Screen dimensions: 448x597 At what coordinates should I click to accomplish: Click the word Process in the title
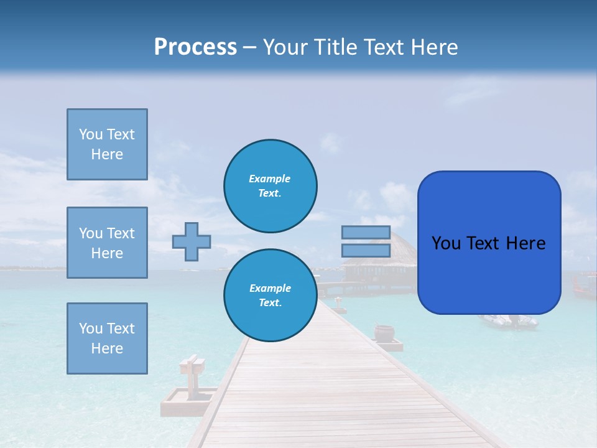(195, 47)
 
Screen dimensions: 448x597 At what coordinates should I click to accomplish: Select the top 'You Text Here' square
(107, 144)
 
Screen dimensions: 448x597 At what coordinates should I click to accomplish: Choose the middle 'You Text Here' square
(107, 243)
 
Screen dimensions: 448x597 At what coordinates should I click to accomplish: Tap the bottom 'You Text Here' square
(107, 338)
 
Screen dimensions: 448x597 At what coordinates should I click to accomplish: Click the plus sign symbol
(192, 241)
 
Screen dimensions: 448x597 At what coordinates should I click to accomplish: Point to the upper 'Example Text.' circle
(270, 186)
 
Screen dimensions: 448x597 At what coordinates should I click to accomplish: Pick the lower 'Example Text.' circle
(270, 296)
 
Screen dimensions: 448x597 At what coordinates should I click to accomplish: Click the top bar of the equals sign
(366, 232)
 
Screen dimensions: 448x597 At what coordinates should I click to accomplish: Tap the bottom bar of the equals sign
(366, 250)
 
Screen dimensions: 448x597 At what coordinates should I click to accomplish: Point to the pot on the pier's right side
(384, 332)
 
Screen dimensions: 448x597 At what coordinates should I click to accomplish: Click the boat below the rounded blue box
(507, 321)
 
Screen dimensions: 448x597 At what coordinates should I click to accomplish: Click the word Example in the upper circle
(270, 179)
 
